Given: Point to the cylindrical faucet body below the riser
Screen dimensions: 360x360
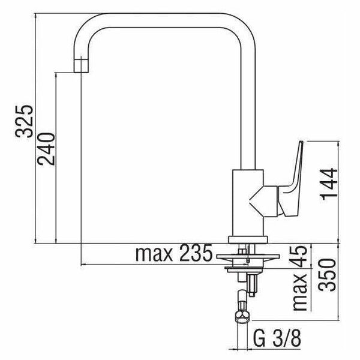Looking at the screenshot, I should [247, 204].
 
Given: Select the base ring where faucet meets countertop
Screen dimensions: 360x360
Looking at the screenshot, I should [247, 239].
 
